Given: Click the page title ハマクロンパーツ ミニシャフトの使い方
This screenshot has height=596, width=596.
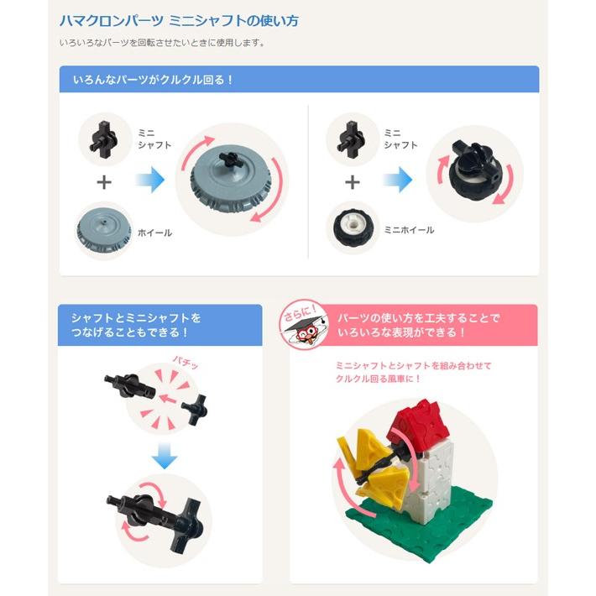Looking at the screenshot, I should (179, 20).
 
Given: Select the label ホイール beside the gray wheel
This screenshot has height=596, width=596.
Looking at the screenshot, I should (155, 233).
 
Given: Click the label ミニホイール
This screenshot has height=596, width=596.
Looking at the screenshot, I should (410, 230).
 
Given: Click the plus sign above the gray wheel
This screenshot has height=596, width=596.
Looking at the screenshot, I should (104, 182).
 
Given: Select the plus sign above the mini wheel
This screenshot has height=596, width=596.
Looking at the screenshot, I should (353, 182).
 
